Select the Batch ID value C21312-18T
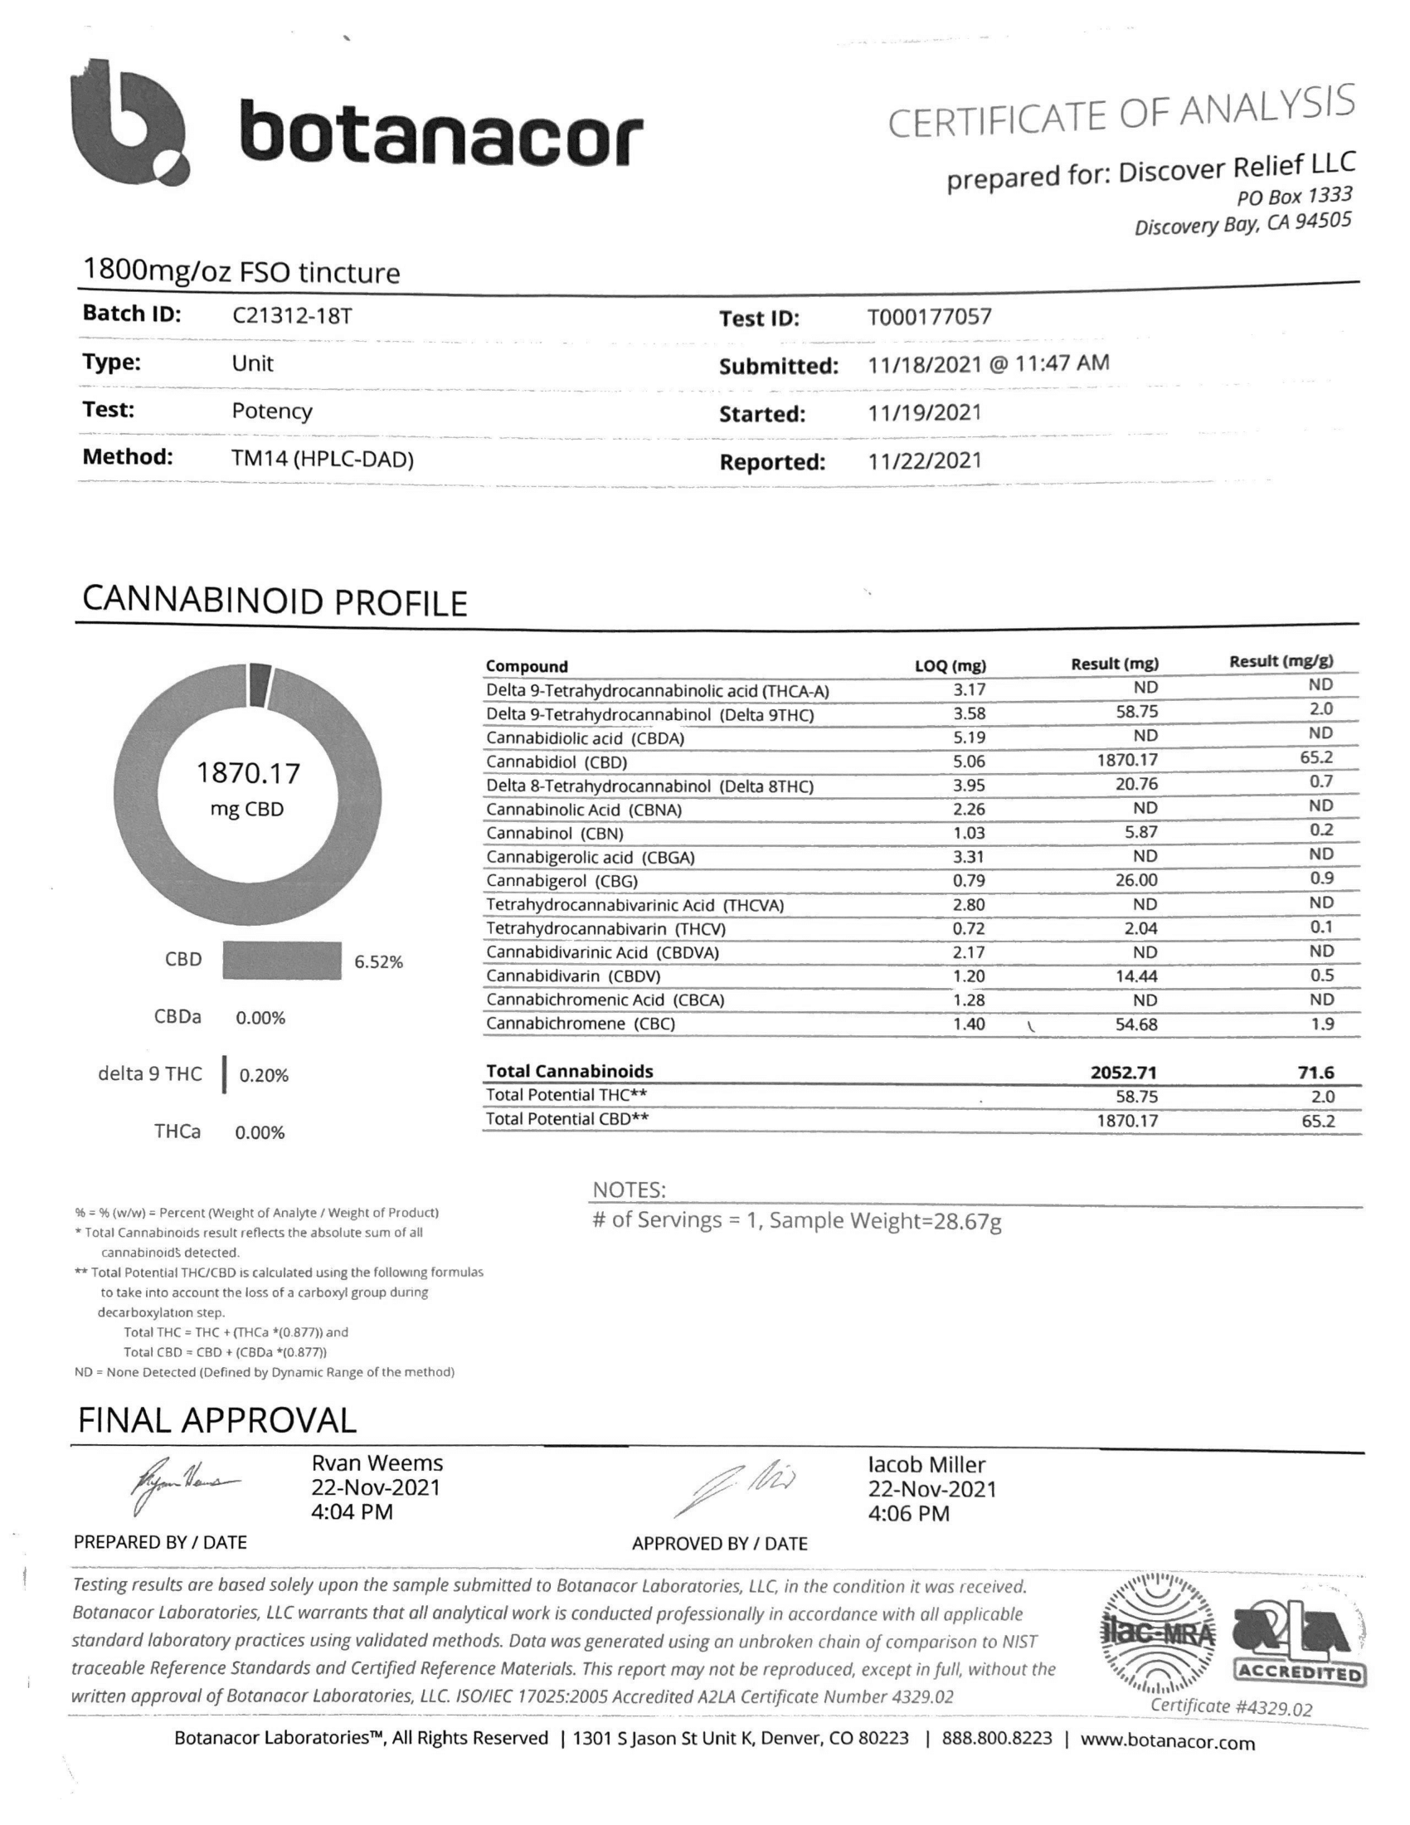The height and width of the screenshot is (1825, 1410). [x=291, y=316]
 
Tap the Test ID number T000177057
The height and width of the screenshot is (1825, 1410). [x=929, y=318]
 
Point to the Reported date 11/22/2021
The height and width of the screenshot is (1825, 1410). [x=924, y=461]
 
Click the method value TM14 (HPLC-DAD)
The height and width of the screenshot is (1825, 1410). [x=323, y=459]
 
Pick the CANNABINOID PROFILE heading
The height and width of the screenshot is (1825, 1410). [x=275, y=601]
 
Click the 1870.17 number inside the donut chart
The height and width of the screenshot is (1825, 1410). [x=247, y=773]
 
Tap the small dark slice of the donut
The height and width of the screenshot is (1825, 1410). [x=260, y=683]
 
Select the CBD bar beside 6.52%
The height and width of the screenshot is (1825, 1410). [x=281, y=960]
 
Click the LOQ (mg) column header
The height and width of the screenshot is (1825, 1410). [x=950, y=666]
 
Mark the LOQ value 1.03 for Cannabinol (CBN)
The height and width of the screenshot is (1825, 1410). [x=969, y=833]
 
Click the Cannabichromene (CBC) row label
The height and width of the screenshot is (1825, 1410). [x=581, y=1024]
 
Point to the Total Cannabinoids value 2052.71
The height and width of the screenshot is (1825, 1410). [x=1124, y=1072]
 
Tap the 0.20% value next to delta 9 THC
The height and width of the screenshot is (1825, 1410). [x=264, y=1075]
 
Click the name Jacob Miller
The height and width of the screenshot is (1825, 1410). [x=926, y=1465]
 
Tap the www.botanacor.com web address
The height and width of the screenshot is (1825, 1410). [x=1167, y=1742]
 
